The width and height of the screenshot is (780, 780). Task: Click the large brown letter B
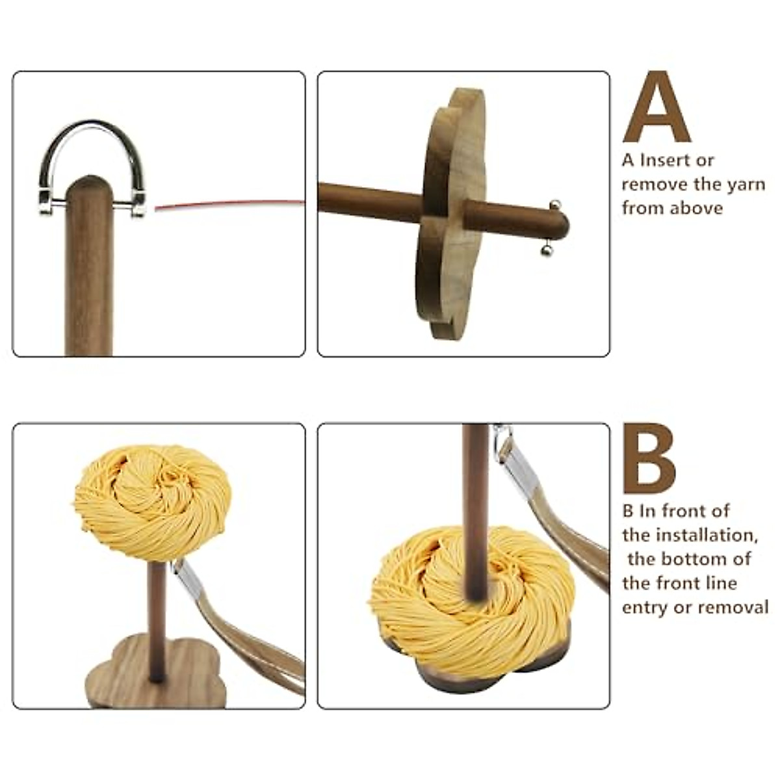pos(649,458)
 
